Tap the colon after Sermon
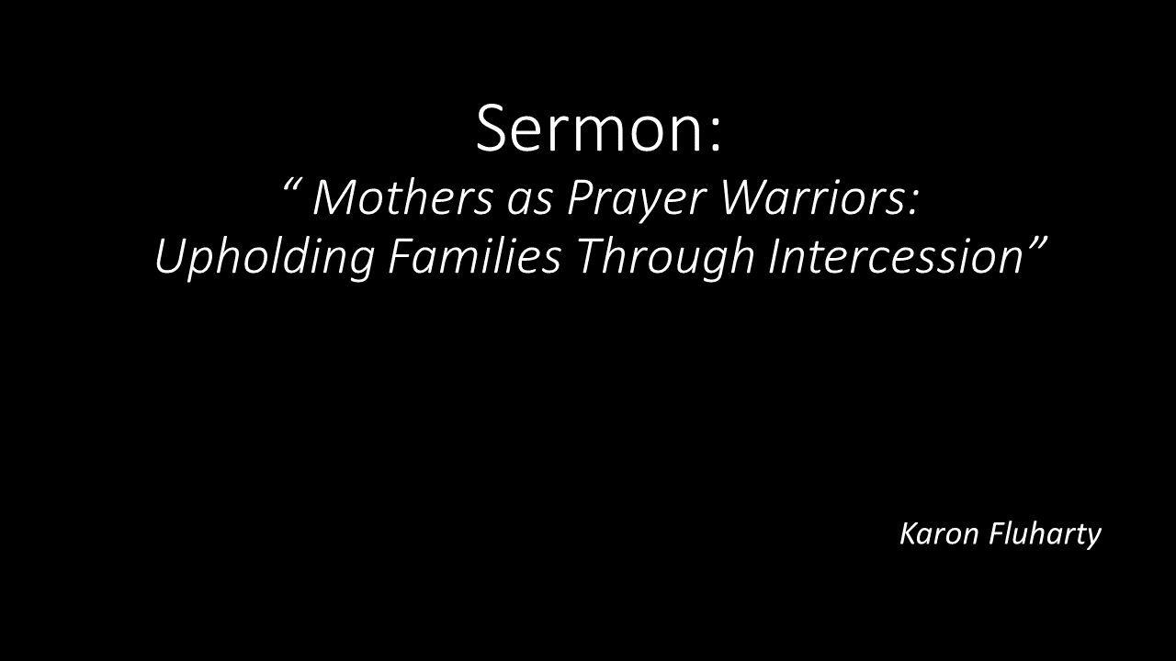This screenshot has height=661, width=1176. coord(716,136)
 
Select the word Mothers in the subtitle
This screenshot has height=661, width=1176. coord(402,197)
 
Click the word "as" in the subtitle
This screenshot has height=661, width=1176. coord(530,203)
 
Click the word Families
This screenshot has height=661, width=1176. coord(475,256)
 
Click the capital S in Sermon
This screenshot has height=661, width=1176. coord(492,129)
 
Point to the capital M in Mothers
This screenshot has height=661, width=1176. coord(337,197)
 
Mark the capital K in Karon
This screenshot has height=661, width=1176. coord(910,534)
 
